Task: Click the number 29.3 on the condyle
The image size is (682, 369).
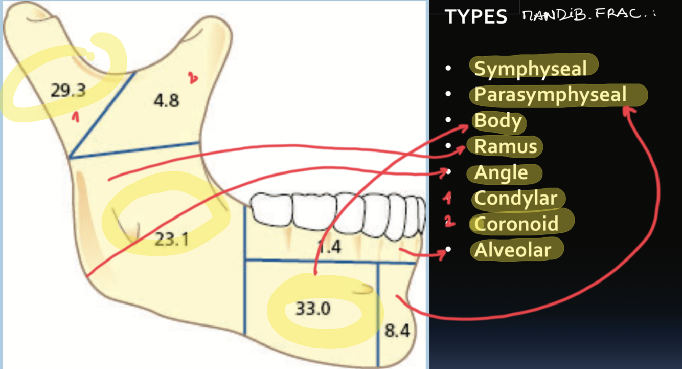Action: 68,91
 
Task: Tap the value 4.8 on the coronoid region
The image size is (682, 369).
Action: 167,100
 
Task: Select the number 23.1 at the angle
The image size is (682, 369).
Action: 172,238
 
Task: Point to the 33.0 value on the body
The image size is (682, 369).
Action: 313,309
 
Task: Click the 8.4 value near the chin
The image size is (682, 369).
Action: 397,331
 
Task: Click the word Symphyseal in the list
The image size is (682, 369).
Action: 530,68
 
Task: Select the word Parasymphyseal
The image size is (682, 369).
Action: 550,95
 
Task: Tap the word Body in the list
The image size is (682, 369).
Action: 498,121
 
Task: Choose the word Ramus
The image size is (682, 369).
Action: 506,147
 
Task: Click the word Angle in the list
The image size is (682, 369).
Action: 501,173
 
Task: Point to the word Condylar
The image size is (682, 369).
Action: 515,198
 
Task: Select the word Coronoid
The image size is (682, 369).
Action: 516,224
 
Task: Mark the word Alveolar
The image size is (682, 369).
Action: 513,250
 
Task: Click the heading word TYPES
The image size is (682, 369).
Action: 475,17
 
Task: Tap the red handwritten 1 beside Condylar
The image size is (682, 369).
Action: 448,198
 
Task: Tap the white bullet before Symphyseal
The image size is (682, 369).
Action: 448,68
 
